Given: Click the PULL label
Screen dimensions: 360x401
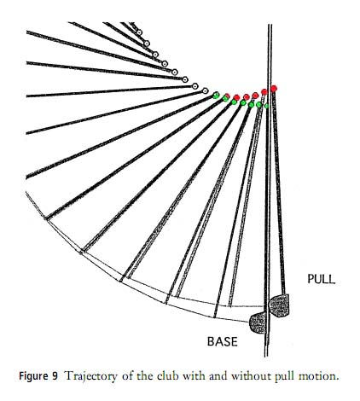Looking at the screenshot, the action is [322, 279].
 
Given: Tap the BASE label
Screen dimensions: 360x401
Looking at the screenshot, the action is [223, 341].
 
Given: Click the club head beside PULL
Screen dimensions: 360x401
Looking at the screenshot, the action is [279, 305].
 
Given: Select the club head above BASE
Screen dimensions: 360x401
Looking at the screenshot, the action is [258, 323].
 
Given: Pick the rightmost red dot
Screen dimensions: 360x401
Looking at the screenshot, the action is [274, 89].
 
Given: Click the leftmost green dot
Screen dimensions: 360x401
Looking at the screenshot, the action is [216, 96].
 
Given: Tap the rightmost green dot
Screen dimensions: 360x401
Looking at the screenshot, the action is [266, 106].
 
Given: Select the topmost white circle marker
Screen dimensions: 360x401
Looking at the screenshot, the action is [139, 32].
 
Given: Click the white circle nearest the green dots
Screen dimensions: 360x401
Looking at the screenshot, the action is [205, 91].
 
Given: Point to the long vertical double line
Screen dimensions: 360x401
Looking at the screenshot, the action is [268, 190].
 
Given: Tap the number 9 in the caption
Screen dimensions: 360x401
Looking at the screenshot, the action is [55, 376].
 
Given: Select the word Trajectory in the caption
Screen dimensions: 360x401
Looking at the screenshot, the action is [91, 376].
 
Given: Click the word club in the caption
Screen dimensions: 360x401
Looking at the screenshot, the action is [167, 376].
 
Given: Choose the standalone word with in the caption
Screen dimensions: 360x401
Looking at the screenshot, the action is [193, 376].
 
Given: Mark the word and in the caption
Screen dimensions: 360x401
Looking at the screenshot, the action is [218, 376].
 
